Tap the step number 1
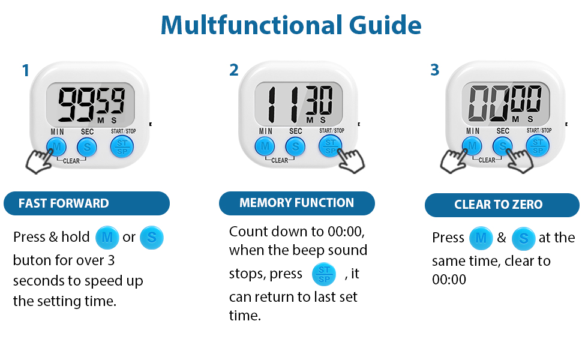click(x=25, y=71)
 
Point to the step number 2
click(x=234, y=70)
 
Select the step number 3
click(x=435, y=70)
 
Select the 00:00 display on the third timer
click(x=506, y=103)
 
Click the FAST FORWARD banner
click(x=86, y=203)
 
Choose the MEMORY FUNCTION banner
click(x=296, y=203)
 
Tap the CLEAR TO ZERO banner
click(x=502, y=205)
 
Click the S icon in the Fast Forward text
click(x=151, y=237)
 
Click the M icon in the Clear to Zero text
click(x=480, y=238)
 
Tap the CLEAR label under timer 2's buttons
click(x=280, y=160)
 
